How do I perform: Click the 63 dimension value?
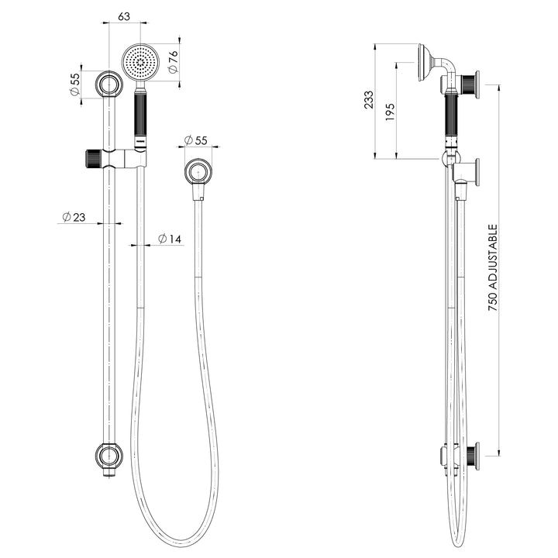tap(124, 16)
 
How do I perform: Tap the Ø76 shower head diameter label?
tap(173, 62)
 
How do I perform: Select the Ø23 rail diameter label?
tap(74, 217)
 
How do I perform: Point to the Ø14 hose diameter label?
tap(170, 239)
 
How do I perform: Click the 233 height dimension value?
tap(369, 100)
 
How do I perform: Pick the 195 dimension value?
tap(391, 112)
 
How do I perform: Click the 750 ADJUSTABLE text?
tap(493, 267)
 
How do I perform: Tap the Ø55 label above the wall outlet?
tap(196, 140)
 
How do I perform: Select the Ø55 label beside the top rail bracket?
tap(74, 84)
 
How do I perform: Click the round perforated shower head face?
tap(141, 62)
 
